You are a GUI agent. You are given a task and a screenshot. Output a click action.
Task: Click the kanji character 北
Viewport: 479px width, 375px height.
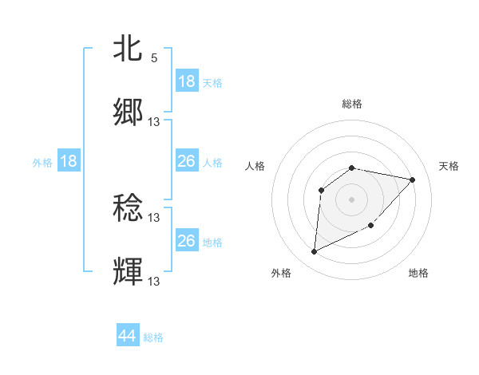pyautogui.click(x=129, y=49)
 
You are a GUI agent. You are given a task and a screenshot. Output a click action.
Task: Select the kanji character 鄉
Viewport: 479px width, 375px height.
pyautogui.click(x=129, y=112)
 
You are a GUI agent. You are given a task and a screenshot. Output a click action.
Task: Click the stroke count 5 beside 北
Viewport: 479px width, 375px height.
pyautogui.click(x=154, y=58)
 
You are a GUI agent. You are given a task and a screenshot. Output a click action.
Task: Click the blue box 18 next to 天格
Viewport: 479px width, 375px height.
pyautogui.click(x=187, y=81)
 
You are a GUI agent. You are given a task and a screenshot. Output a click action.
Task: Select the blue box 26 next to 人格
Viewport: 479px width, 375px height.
pyautogui.click(x=187, y=161)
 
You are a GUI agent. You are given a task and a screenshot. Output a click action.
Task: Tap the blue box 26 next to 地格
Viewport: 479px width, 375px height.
pyautogui.click(x=187, y=241)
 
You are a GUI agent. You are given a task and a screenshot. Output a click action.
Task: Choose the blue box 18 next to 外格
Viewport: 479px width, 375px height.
pyautogui.click(x=69, y=161)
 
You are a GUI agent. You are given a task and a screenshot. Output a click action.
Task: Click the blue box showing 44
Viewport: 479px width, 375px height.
pyautogui.click(x=128, y=336)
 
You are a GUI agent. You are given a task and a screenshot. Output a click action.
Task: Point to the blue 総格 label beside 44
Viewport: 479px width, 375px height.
pyautogui.click(x=153, y=337)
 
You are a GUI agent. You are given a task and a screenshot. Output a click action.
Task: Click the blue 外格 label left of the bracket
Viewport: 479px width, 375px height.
pyautogui.click(x=42, y=163)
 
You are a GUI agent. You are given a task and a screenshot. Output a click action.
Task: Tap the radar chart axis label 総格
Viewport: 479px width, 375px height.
pyautogui.click(x=352, y=104)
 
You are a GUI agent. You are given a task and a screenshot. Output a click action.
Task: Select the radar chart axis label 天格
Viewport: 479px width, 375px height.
pyautogui.click(x=449, y=166)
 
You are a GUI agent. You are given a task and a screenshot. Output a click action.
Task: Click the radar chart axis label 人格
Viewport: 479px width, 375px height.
pyautogui.click(x=255, y=166)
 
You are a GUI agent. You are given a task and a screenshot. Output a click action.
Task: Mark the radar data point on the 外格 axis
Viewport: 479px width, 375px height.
pyautogui.click(x=314, y=252)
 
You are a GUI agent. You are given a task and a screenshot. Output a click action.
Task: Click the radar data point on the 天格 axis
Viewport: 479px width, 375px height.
pyautogui.click(x=413, y=180)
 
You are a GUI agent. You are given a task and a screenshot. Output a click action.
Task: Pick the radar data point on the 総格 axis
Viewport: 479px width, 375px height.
pyautogui.click(x=352, y=168)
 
